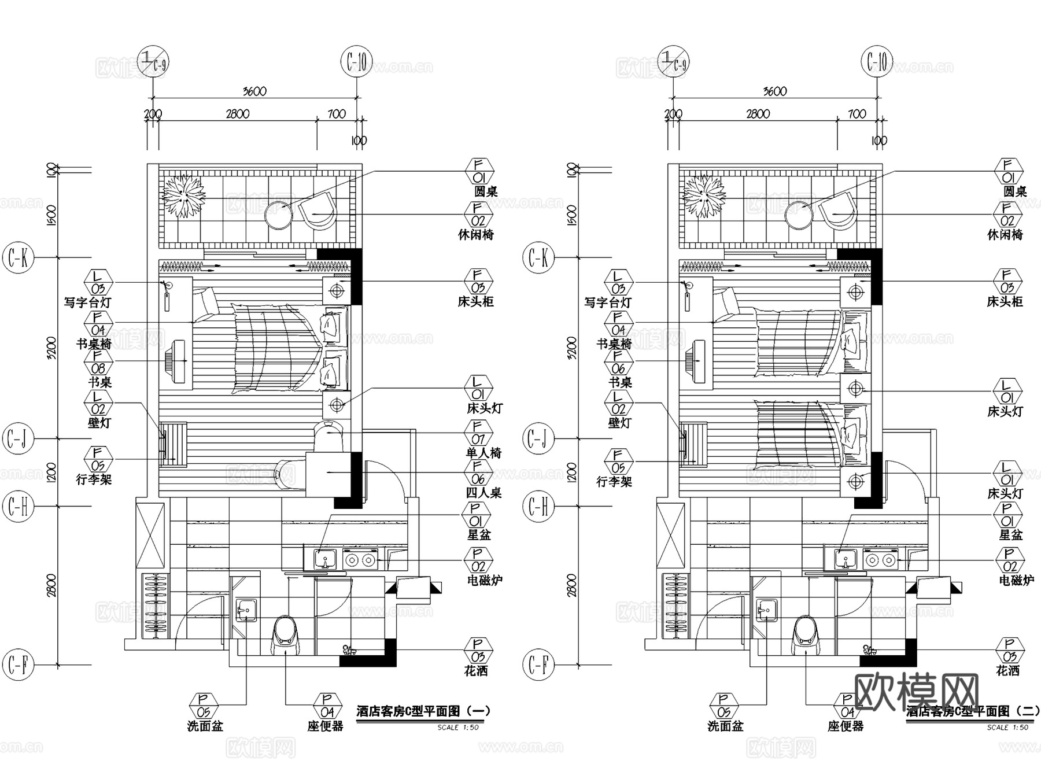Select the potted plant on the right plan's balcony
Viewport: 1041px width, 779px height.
tap(704, 197)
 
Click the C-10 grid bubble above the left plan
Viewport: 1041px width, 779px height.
tap(356, 62)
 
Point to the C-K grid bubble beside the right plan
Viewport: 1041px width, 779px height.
tap(538, 257)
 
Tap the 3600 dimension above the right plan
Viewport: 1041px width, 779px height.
tap(775, 91)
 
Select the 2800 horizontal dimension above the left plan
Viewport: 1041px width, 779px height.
tap(238, 114)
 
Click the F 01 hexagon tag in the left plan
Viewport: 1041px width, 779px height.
tap(479, 172)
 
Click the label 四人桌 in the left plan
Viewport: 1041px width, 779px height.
tap(483, 493)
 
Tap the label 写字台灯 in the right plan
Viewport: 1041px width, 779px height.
tap(608, 302)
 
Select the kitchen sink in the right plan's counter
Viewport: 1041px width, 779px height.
tap(846, 560)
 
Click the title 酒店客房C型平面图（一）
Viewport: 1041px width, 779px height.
tap(423, 711)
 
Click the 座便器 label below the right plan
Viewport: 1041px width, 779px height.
tap(845, 726)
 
